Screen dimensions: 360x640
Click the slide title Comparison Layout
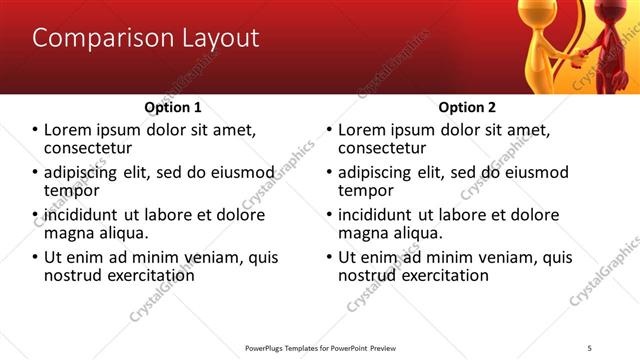pyautogui.click(x=146, y=39)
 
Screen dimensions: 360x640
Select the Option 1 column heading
pyautogui.click(x=173, y=107)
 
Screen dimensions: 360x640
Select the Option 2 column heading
pyautogui.click(x=467, y=107)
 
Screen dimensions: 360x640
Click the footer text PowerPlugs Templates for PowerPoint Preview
pyautogui.click(x=320, y=347)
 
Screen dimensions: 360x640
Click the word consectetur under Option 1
pyautogui.click(x=88, y=148)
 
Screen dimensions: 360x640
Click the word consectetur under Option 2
pyautogui.click(x=382, y=148)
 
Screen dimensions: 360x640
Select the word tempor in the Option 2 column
pyautogui.click(x=366, y=190)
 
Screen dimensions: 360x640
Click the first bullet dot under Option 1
pyautogui.click(x=36, y=131)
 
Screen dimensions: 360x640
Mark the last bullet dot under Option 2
pyautogui.click(x=330, y=257)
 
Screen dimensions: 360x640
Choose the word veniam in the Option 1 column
pyautogui.click(x=210, y=257)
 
